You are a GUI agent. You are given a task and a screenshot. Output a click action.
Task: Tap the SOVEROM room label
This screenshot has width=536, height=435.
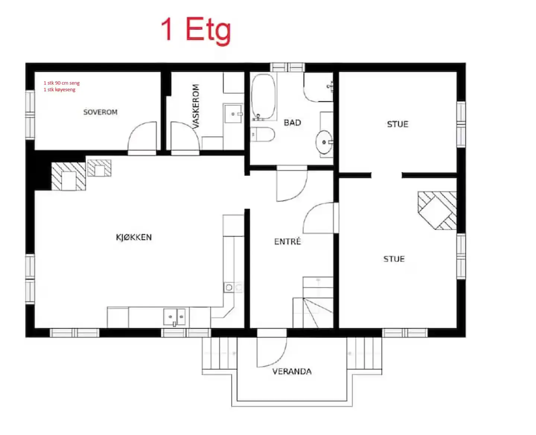100,112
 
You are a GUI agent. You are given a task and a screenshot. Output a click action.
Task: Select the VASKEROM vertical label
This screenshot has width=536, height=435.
196,106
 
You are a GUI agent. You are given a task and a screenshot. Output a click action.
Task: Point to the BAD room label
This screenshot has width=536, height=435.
293,122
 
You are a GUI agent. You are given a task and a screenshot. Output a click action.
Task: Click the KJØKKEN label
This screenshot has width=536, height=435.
134,237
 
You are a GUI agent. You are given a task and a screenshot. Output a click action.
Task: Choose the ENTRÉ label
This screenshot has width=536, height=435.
287,241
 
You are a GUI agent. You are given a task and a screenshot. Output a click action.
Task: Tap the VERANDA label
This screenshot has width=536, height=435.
292,371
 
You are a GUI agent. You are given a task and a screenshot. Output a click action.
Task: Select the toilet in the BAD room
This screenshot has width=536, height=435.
262,134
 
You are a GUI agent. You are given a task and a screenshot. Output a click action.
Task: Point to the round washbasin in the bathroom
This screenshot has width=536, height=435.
324,142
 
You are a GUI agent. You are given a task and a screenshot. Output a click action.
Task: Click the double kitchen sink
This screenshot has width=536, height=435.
175,317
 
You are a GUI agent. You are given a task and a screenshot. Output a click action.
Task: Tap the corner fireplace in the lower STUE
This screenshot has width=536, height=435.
437,210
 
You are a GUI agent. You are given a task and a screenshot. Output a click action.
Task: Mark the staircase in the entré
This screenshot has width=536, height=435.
313,303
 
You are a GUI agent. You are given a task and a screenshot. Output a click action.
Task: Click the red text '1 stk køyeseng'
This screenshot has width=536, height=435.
60,90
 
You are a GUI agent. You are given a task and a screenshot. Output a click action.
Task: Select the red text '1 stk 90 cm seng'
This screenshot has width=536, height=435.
62,83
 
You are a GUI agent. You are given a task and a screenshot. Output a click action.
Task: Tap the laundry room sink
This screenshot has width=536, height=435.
233,114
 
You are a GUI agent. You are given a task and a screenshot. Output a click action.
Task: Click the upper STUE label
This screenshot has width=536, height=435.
398,124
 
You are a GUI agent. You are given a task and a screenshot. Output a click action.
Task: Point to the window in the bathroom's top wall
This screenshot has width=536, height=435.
287,67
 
